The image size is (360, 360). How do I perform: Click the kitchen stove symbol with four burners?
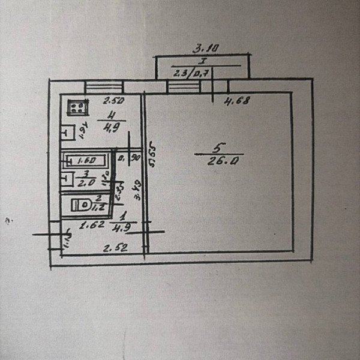coord(77,108)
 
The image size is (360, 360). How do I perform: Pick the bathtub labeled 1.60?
coord(86,160)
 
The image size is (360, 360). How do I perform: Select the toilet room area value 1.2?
coord(100,206)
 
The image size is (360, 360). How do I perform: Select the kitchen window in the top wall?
coord(103,87)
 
